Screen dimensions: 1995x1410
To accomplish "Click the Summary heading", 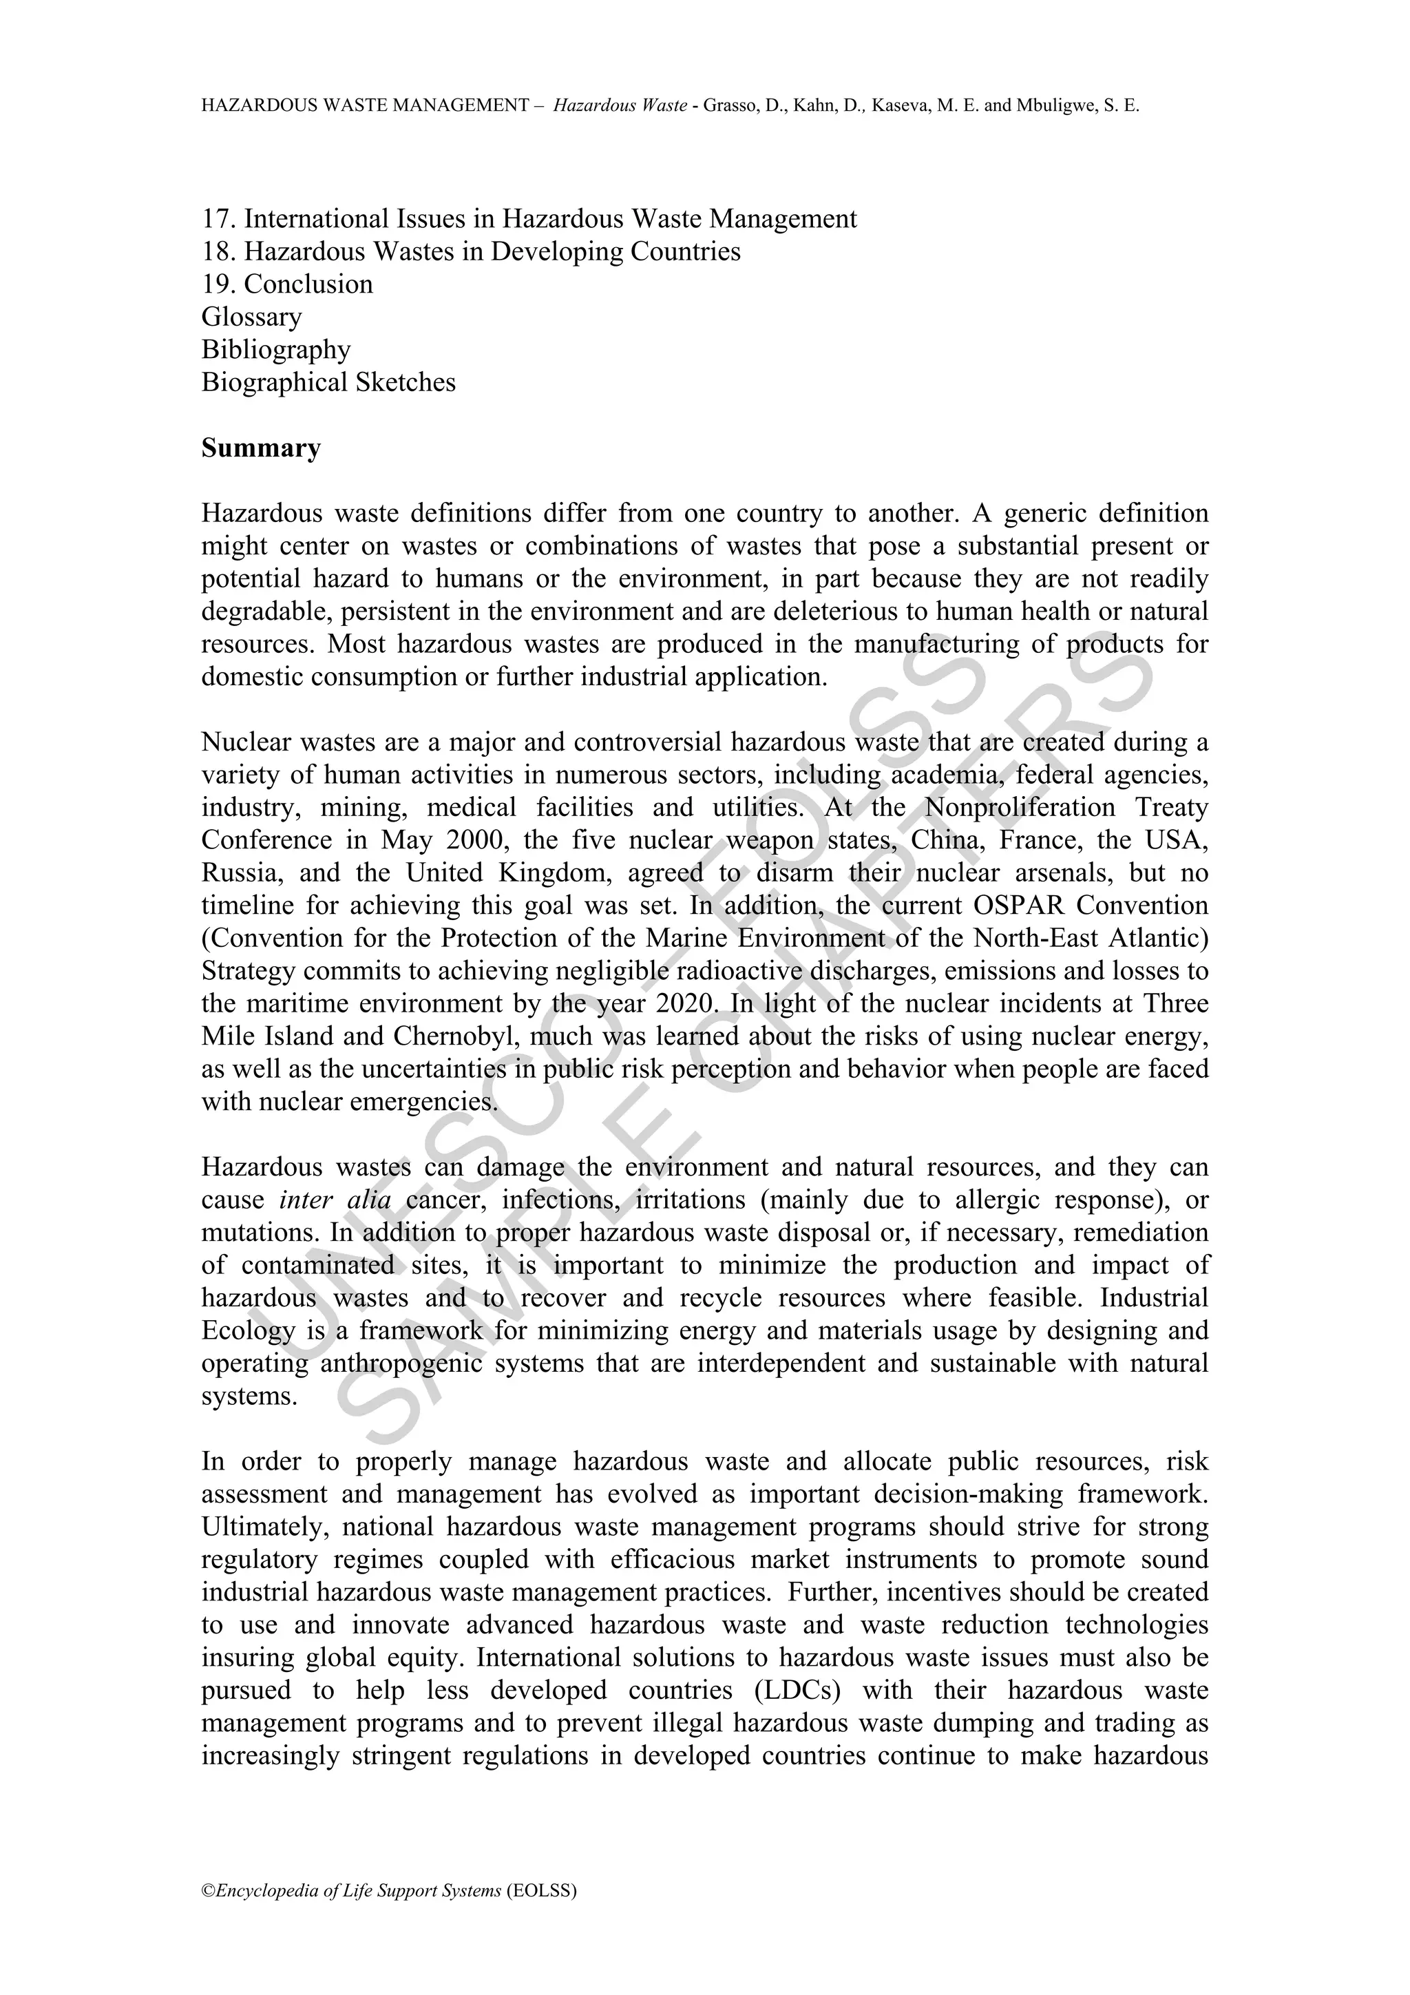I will (261, 448).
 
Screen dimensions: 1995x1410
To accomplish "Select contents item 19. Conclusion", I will (286, 284).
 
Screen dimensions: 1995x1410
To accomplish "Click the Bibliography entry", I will (275, 349).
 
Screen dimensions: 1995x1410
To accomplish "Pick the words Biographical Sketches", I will (328, 382).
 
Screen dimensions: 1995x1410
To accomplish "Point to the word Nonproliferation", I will (1020, 807).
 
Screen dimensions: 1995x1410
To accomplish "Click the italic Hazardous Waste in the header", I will (620, 107).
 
